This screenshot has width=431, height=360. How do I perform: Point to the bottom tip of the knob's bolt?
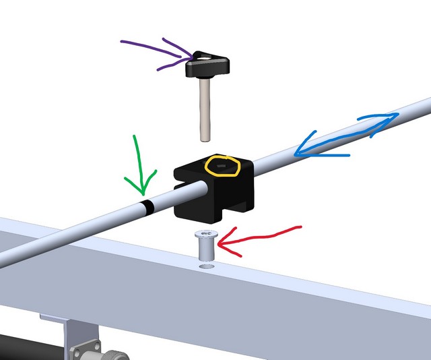(205, 138)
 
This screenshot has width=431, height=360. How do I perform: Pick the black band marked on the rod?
(147, 205)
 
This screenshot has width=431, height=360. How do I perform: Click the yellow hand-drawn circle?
(223, 164)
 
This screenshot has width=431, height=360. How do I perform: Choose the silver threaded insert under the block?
(205, 246)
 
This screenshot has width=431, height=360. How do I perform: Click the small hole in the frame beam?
(206, 268)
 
